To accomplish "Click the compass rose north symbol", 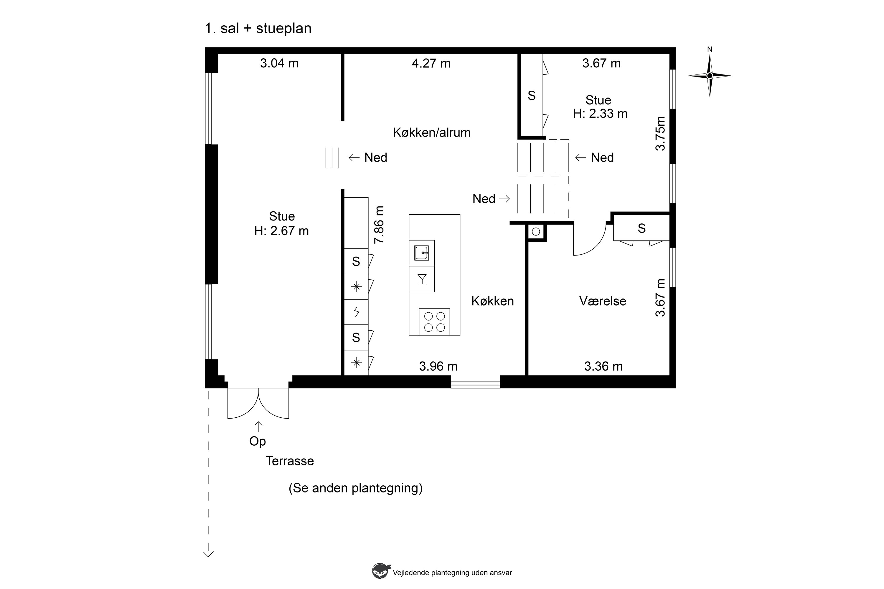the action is click(x=710, y=76).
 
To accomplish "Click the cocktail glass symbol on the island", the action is click(x=422, y=279).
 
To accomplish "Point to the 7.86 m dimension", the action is click(x=379, y=225).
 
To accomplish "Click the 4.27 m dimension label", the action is click(x=431, y=63).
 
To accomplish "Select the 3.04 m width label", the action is click(x=279, y=63).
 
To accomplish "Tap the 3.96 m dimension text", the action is click(x=438, y=366).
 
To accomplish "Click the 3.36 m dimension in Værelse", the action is click(x=603, y=366).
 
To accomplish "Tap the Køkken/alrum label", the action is click(x=432, y=132).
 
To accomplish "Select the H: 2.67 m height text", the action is click(x=282, y=231).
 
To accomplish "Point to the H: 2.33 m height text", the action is click(x=600, y=113).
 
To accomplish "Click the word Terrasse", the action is click(x=290, y=461).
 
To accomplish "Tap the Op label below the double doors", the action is click(x=258, y=441).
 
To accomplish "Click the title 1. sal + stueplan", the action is click(x=258, y=29).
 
